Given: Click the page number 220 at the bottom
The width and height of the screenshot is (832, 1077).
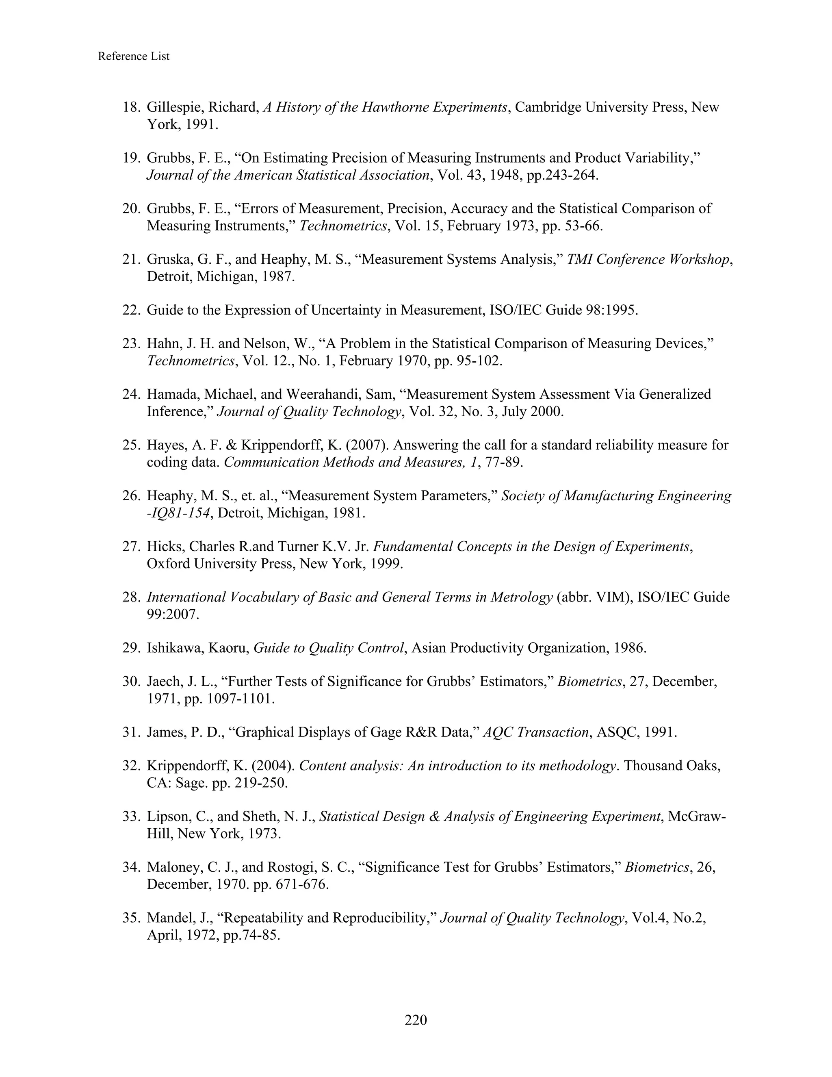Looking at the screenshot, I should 416,1019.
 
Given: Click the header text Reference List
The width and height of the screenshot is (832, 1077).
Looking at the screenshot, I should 134,56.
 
